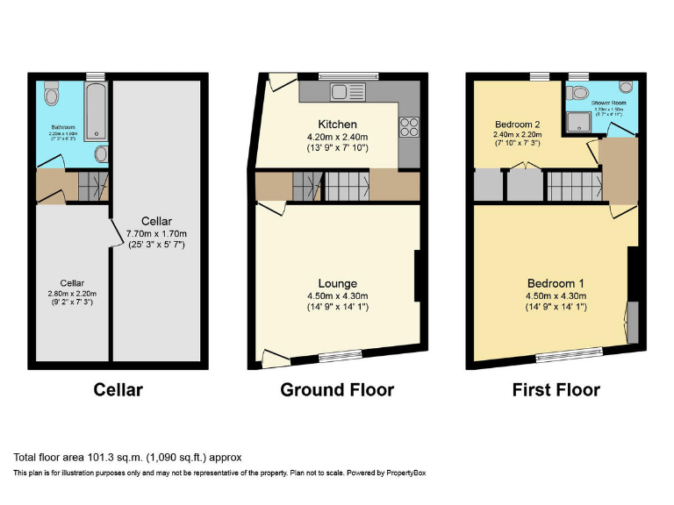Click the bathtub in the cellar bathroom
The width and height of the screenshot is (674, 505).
pyautogui.click(x=97, y=113)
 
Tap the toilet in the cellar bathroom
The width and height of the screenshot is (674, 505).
pyautogui.click(x=51, y=92)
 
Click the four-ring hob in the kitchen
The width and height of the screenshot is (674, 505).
pyautogui.click(x=409, y=126)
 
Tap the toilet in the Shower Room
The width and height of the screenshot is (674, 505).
pyautogui.click(x=578, y=93)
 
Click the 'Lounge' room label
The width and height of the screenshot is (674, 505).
pyautogui.click(x=337, y=283)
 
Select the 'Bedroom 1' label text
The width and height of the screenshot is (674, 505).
pyautogui.click(x=556, y=283)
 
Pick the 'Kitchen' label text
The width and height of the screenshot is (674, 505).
pyautogui.click(x=337, y=124)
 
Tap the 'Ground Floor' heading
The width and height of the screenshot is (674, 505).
pyautogui.click(x=337, y=389)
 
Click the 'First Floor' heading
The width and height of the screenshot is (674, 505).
pyautogui.click(x=556, y=389)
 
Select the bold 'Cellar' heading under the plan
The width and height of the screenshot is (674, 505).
pyautogui.click(x=118, y=389)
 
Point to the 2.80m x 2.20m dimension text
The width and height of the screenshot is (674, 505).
pyautogui.click(x=72, y=294)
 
